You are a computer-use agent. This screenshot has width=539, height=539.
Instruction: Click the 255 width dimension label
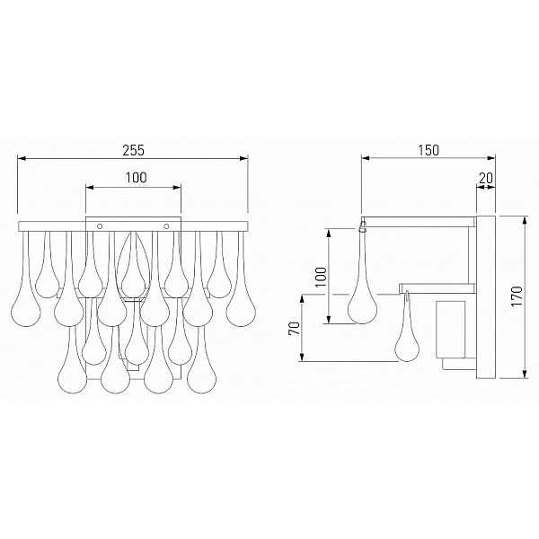click(x=134, y=150)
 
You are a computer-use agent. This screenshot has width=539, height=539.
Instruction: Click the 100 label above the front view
click(x=136, y=177)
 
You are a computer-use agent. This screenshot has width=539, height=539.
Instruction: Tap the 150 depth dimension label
click(x=429, y=150)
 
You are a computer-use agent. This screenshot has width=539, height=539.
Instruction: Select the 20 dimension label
click(x=486, y=178)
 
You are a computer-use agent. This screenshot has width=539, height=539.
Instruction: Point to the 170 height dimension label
click(x=517, y=296)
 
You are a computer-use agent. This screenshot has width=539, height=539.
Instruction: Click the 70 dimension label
click(x=295, y=329)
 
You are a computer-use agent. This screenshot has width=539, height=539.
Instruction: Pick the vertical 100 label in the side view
click(x=321, y=277)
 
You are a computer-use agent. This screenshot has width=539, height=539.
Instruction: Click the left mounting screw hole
click(x=100, y=226)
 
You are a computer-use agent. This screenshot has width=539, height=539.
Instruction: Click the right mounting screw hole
click(x=167, y=226)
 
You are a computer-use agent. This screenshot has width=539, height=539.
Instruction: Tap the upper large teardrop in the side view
click(x=362, y=288)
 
